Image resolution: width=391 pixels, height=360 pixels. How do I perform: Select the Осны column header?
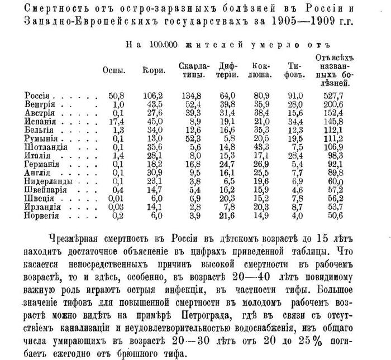point(114,71)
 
